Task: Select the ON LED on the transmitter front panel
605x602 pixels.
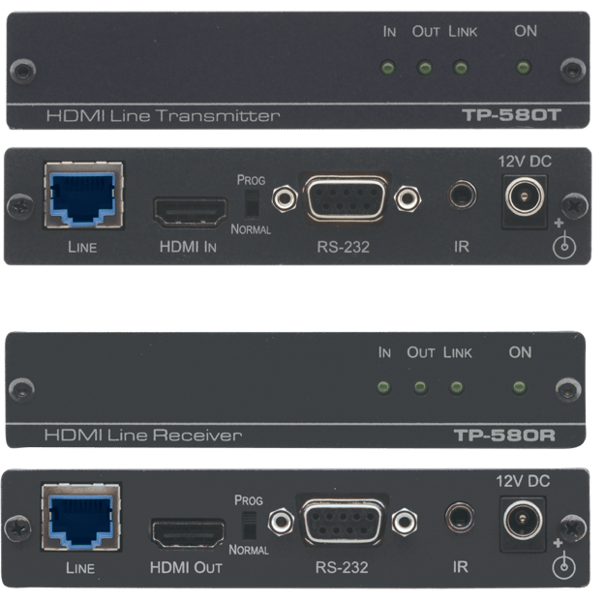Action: point(524,68)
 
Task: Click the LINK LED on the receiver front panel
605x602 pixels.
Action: point(455,388)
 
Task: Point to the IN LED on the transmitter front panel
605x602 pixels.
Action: point(387,68)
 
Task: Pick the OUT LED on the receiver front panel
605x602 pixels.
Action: point(420,388)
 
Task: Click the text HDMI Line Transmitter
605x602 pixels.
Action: point(163,116)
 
